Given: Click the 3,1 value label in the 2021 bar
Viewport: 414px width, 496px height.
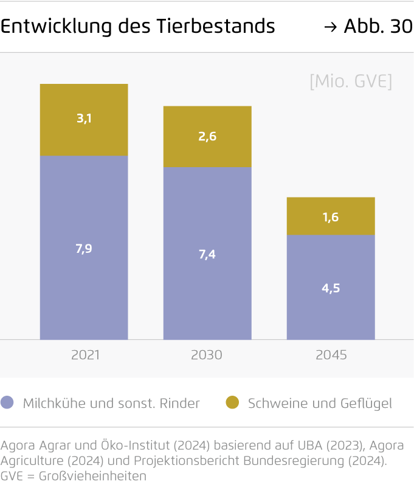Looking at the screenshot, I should (84, 119).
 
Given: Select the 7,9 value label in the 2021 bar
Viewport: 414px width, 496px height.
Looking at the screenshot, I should (84, 248).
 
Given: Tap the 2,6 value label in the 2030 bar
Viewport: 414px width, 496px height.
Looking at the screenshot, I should (207, 137).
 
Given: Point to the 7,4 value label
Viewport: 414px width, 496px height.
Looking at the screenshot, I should (207, 254).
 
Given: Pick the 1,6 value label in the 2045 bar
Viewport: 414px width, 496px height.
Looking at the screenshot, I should (331, 217).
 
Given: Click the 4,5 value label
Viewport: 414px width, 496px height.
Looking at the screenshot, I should (331, 288).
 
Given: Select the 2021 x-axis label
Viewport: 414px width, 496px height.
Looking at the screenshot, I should (85, 355).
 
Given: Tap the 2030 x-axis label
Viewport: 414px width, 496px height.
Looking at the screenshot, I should (207, 355).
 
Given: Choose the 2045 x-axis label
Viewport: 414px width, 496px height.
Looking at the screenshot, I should (331, 355).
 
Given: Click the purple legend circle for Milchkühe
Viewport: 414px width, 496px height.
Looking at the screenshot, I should (8, 402).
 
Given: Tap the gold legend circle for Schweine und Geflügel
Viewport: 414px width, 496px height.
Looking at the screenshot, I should (232, 402).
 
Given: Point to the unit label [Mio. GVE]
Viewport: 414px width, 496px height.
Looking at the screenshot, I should (351, 82).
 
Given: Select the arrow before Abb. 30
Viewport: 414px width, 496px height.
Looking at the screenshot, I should (331, 27).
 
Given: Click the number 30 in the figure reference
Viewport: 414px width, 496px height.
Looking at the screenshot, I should (401, 27).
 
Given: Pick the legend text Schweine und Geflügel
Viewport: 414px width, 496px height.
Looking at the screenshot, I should (320, 403).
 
